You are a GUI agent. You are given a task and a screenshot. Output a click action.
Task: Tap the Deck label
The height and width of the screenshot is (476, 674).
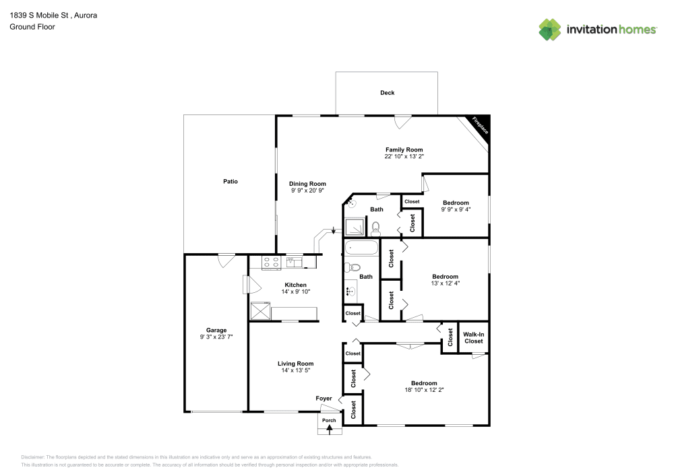[x=387, y=93]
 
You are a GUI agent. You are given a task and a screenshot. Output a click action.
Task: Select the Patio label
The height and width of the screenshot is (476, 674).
[x=231, y=181]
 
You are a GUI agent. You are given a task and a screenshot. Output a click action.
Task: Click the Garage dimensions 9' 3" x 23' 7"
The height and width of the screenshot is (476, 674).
[x=216, y=337]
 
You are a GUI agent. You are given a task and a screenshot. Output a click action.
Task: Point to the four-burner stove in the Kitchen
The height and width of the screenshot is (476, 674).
[x=271, y=263]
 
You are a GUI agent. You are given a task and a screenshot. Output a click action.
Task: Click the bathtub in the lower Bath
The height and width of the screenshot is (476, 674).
[x=362, y=248]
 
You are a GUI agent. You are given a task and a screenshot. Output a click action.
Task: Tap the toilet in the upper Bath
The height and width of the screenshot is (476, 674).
[x=376, y=228]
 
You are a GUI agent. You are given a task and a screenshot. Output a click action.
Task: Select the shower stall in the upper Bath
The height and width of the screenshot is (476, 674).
[x=354, y=228]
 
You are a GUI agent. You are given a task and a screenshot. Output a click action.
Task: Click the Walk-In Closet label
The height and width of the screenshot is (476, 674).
[x=473, y=337]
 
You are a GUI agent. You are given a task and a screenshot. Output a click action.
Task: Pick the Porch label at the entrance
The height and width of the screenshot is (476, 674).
[x=329, y=421]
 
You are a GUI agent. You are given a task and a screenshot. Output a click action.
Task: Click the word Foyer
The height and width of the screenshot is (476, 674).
[x=324, y=399]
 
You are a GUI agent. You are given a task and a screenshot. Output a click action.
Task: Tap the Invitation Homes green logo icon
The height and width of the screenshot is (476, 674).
[x=550, y=30]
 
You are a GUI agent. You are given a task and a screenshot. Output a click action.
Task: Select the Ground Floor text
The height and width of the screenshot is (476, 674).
[x=32, y=27]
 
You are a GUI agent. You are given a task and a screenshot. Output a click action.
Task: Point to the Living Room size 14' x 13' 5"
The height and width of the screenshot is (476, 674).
[x=296, y=370]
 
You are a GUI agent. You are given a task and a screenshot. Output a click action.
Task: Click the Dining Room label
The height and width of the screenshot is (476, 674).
[x=307, y=184]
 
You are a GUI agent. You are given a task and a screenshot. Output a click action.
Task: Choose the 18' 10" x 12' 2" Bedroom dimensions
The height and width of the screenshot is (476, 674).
[x=425, y=389]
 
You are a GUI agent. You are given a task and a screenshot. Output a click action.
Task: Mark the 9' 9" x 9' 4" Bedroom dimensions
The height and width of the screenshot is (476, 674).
[x=456, y=209]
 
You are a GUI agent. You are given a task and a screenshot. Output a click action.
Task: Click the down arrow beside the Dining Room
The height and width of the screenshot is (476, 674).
[x=332, y=231]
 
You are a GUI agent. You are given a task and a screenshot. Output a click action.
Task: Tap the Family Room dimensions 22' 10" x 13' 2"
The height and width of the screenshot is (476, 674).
[x=404, y=156]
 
